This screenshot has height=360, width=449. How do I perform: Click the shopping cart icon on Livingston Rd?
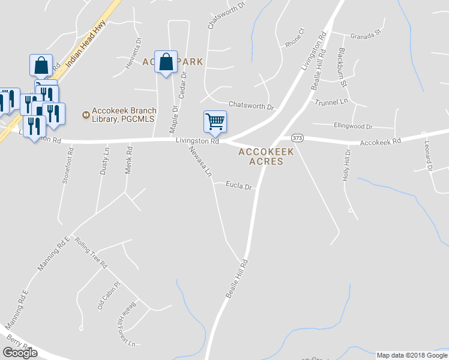click(215, 122)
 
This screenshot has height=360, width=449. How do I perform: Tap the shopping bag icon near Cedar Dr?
click(166, 62)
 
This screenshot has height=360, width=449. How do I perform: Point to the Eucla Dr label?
click(238, 186)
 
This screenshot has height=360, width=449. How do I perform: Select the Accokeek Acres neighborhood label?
click(266, 157)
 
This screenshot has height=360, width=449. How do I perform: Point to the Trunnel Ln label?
click(331, 102)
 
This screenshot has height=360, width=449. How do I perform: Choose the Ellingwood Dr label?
click(352, 127)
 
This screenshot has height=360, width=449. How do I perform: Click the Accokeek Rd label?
click(380, 142)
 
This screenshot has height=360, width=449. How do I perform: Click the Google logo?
click(20, 353)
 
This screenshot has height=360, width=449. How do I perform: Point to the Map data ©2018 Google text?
click(412, 355)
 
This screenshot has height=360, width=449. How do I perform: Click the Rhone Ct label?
click(295, 39)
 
